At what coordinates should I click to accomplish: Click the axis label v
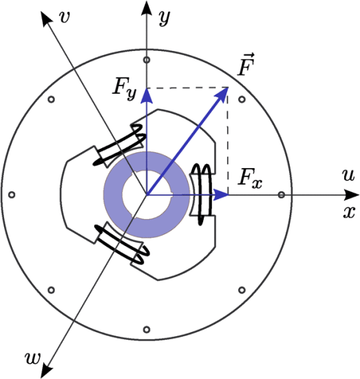point(65,17)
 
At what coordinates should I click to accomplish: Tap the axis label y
point(165,17)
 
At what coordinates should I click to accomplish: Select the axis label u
point(349,175)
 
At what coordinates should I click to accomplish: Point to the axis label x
point(350,212)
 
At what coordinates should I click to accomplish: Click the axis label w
point(32,358)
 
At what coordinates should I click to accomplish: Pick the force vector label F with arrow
point(246,65)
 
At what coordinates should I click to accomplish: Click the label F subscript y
point(125,88)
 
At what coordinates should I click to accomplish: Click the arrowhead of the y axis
point(147,8)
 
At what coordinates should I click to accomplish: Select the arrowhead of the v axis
point(46,19)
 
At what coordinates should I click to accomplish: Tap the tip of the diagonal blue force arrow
point(228,88)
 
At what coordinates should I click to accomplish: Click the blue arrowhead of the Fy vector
point(147,96)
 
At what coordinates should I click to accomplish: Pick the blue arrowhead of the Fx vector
point(221,194)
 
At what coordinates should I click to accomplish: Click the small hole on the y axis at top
point(147,59)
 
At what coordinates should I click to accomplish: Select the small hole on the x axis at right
point(282,194)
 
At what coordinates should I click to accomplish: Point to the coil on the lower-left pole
point(122,245)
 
